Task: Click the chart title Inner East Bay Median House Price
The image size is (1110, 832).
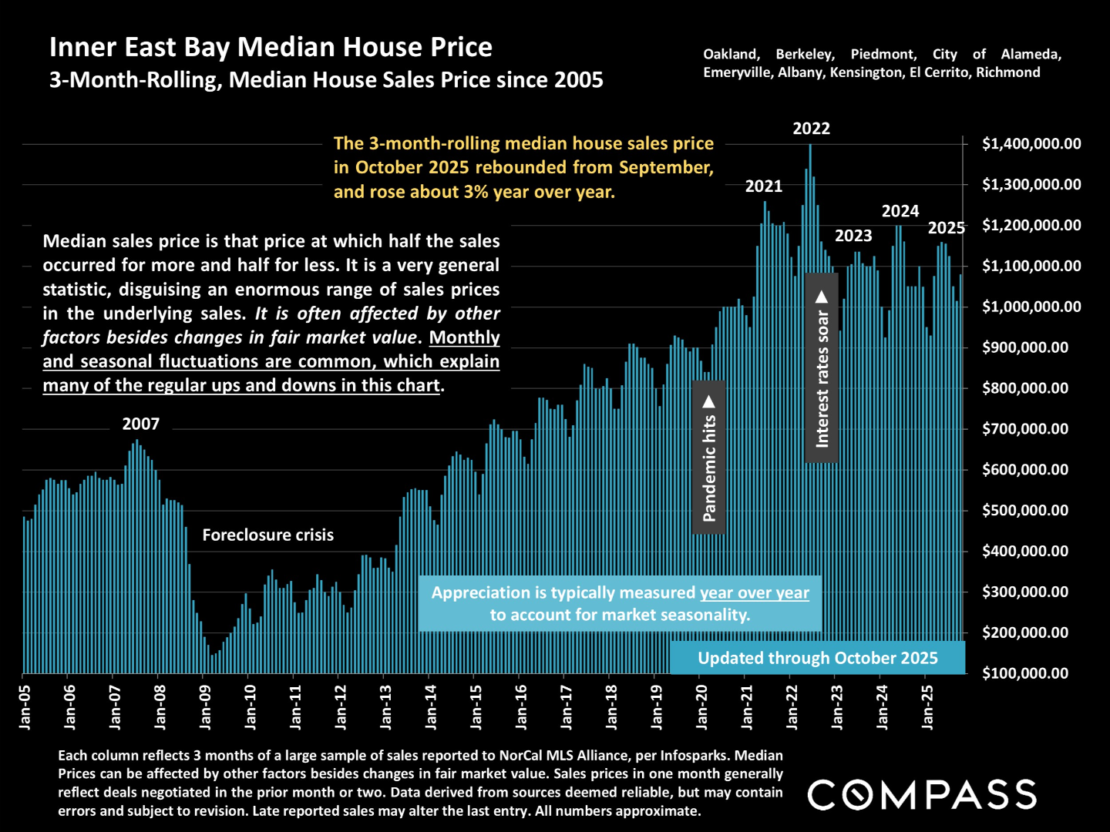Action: [x=271, y=48]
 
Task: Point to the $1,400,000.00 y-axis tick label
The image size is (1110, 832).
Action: [x=1031, y=144]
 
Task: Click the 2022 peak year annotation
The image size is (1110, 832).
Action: [x=811, y=129]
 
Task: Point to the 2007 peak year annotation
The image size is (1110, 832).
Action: [x=140, y=424]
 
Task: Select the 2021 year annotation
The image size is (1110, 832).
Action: [x=763, y=186]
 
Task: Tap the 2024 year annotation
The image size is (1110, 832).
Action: [x=900, y=211]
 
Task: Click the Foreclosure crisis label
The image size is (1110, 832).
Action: [x=267, y=535]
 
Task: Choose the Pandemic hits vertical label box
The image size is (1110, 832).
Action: [x=709, y=458]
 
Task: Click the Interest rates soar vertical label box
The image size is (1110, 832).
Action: [x=822, y=368]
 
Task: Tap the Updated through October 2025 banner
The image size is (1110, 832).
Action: [x=817, y=658]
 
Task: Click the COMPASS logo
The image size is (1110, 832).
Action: [x=922, y=795]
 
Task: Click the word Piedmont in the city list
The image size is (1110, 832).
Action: [x=883, y=55]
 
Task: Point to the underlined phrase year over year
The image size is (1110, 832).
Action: [x=754, y=593]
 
